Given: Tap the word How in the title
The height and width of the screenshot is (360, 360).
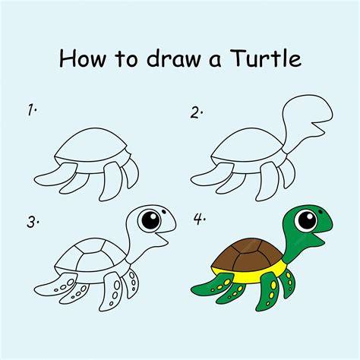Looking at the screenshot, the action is tap(82, 58).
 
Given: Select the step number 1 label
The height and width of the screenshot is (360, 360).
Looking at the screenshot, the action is tap(32, 110).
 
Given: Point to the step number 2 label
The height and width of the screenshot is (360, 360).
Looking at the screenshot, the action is tap(197, 112).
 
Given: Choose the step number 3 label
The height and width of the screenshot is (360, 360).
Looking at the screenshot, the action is tap(33, 222).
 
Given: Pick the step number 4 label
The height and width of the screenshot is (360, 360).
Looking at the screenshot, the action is tap(200, 219).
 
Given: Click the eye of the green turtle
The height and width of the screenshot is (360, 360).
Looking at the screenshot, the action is tap(307, 221).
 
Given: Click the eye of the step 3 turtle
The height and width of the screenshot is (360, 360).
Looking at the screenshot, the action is tap(150, 219).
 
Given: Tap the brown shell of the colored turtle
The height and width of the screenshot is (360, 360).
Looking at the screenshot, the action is tap(247, 254).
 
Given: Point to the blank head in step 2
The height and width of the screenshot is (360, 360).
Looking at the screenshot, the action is tap(307, 116).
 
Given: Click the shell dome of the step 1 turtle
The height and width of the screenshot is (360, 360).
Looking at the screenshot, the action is tap(91, 145).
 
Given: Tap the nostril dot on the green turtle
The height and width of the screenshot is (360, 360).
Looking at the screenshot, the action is tap(321, 211).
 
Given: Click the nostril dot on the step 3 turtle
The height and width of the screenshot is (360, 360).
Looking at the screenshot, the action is tap(163, 210).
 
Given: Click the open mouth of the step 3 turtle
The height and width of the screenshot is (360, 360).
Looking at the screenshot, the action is tap(161, 238).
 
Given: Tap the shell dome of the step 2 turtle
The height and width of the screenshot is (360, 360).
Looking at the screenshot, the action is tap(248, 145).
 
